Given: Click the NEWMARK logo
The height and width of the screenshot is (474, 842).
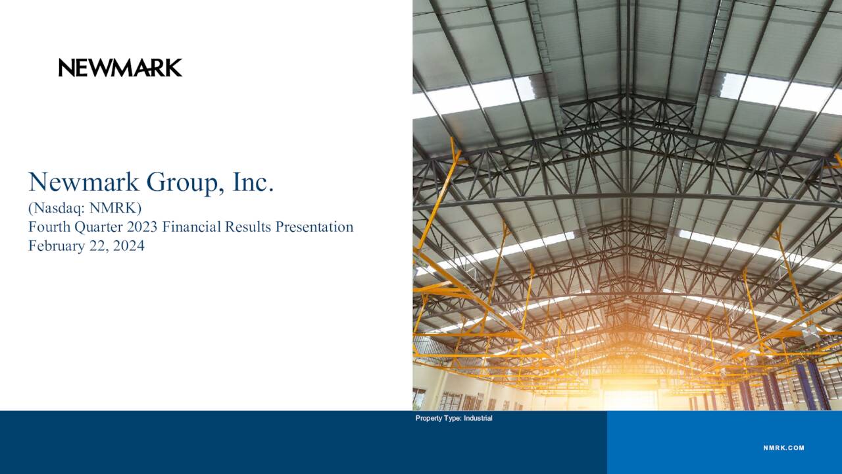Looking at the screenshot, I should [120, 67].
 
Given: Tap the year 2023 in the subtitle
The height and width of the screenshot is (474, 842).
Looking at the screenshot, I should [143, 227].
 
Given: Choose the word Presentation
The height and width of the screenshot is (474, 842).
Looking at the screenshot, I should [314, 227].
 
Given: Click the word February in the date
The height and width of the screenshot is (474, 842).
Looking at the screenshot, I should [55, 246].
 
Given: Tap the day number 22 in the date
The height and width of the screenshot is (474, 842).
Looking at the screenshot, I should [95, 246].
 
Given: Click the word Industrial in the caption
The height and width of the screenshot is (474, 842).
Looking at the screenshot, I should [478, 418].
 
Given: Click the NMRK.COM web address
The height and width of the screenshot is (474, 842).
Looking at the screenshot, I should [783, 448].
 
